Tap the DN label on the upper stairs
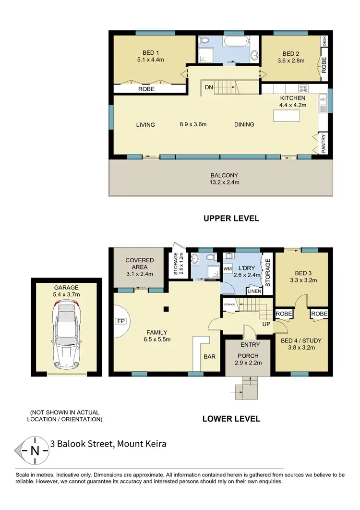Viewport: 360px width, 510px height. tap(209, 87)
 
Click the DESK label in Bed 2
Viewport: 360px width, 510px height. tap(324, 41)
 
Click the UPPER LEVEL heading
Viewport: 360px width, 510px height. tap(231, 219)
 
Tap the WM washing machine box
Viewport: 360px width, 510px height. tap(228, 269)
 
